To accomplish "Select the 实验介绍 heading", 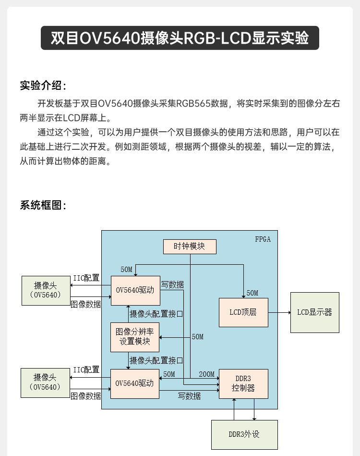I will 42,86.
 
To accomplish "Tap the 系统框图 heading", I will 42,205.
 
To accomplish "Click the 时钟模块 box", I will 190,246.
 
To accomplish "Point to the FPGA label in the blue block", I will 263,239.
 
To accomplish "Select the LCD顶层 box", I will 243,312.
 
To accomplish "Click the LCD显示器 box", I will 314,312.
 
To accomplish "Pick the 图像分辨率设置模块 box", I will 135,336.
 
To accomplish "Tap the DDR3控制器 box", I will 243,383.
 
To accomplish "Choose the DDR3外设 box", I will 244,434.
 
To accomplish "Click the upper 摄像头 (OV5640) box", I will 45,290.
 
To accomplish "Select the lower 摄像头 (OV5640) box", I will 45,382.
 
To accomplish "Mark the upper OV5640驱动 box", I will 135,290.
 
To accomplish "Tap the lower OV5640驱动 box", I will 135,383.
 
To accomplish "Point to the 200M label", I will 207,374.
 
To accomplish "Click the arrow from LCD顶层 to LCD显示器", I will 279,312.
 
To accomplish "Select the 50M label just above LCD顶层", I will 252,293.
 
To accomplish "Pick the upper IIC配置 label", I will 86,278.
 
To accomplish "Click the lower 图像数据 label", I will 86,396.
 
